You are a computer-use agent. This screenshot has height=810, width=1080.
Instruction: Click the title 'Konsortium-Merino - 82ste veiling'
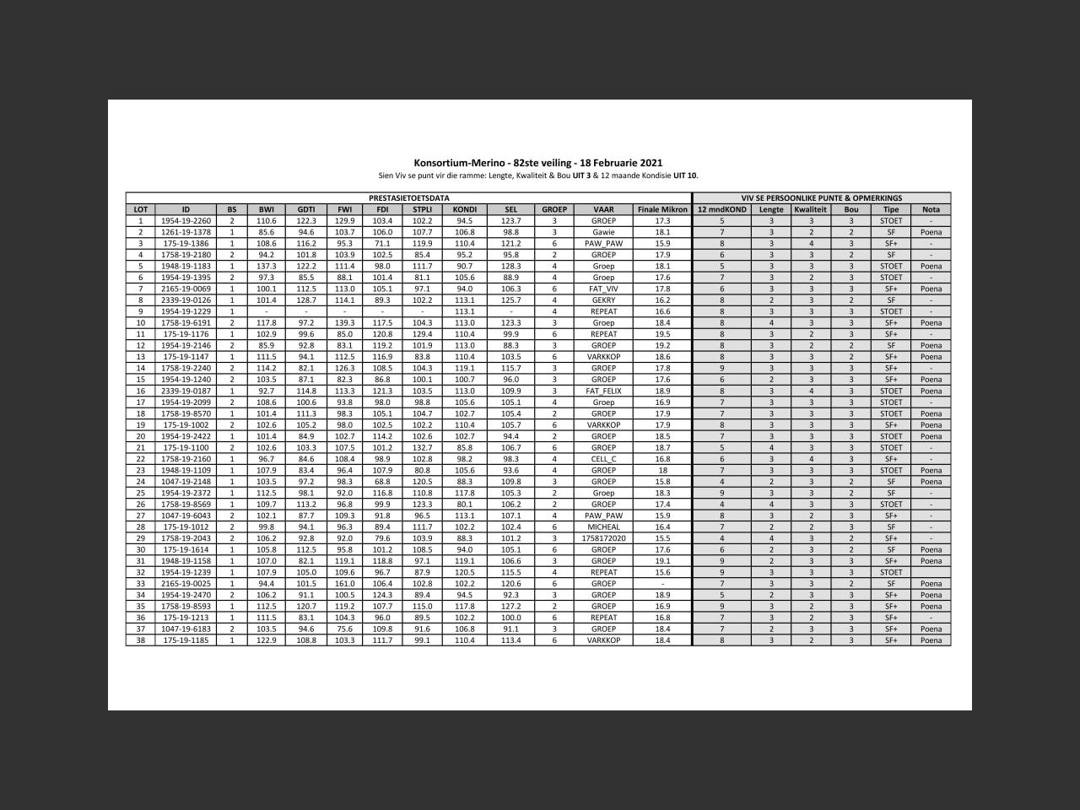[x=537, y=163]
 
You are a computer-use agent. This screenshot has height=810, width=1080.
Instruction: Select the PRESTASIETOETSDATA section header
[x=408, y=198]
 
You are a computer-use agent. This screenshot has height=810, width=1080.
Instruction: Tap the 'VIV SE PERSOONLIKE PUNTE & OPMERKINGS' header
[x=821, y=198]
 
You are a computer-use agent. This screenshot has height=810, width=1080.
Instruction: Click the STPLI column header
[x=422, y=209]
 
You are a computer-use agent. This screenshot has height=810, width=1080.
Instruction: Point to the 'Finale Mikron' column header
[x=662, y=209]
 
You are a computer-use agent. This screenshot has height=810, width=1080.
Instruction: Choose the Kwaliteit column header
[x=810, y=209]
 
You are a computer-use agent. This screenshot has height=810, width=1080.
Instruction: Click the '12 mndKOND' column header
[x=721, y=209]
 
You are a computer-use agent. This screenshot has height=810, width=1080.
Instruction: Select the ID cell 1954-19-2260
[x=186, y=221]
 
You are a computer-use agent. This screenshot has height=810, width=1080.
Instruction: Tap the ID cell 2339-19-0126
[x=186, y=300]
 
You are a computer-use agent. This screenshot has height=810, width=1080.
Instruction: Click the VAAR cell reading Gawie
[x=603, y=232]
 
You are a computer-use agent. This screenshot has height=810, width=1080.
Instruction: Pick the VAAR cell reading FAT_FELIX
[x=603, y=391]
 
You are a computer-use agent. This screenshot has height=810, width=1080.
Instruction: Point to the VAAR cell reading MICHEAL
[x=603, y=526]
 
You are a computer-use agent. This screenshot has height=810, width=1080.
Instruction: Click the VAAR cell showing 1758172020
[x=603, y=538]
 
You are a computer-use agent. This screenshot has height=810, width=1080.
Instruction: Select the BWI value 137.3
[x=267, y=267]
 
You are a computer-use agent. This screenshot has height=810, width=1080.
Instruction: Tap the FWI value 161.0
[x=344, y=583]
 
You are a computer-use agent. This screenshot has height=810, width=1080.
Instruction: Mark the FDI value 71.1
[x=382, y=244]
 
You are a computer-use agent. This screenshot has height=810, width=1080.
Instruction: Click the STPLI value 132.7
[x=422, y=447]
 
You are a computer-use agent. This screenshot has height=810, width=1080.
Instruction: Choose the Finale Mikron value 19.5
[x=662, y=334]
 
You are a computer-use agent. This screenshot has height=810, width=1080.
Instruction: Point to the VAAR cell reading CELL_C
[x=603, y=459]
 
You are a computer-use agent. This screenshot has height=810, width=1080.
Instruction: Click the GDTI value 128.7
[x=305, y=300]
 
